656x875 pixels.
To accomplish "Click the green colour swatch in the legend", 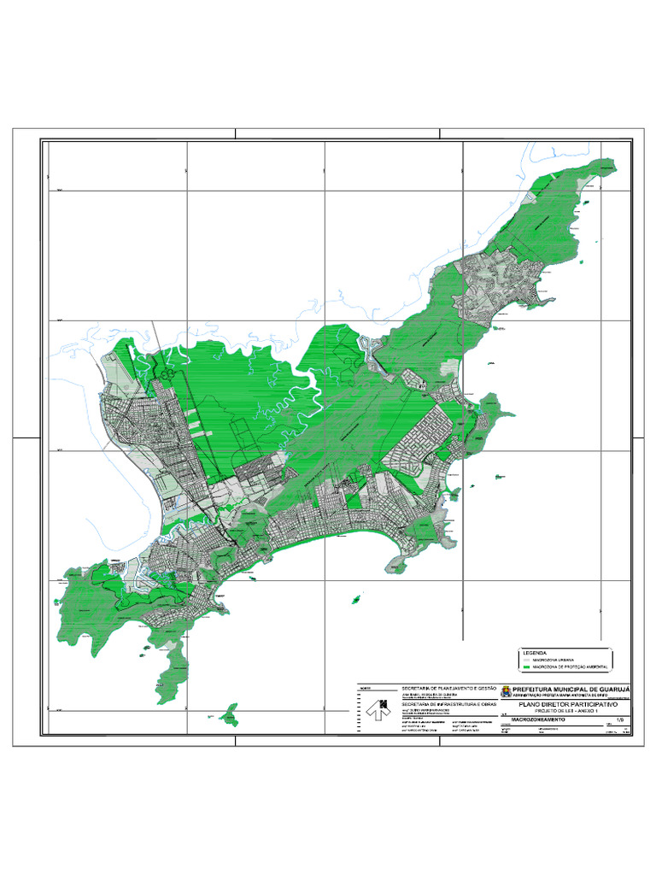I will (525, 667).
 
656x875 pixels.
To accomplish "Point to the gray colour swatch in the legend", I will (525, 660).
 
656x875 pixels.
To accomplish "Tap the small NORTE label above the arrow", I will (365, 688).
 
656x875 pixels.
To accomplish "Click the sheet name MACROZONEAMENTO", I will (540, 720).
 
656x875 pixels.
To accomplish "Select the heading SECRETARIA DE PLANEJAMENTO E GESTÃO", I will (448, 688).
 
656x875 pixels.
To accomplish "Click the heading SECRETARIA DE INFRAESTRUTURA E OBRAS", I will (448, 703).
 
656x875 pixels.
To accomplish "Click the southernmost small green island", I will (229, 714).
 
